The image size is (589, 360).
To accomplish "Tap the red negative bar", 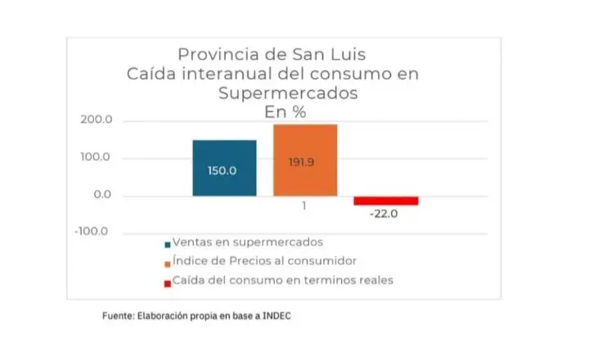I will pyautogui.click(x=385, y=200).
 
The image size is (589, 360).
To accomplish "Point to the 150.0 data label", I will pyautogui.click(x=222, y=171).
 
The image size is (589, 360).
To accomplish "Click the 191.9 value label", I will pyautogui.click(x=301, y=162).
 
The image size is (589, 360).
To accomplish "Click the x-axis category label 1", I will pyautogui.click(x=303, y=206).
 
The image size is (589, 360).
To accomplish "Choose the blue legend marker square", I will pyautogui.click(x=167, y=244).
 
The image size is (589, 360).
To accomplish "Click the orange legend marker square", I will pyautogui.click(x=167, y=263).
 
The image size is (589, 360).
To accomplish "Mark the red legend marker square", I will pyautogui.click(x=167, y=282).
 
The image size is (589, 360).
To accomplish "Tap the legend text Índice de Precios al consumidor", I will pyautogui.click(x=264, y=261).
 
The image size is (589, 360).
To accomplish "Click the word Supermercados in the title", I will pyautogui.click(x=288, y=92).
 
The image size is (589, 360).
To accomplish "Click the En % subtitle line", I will pyautogui.click(x=286, y=112).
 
